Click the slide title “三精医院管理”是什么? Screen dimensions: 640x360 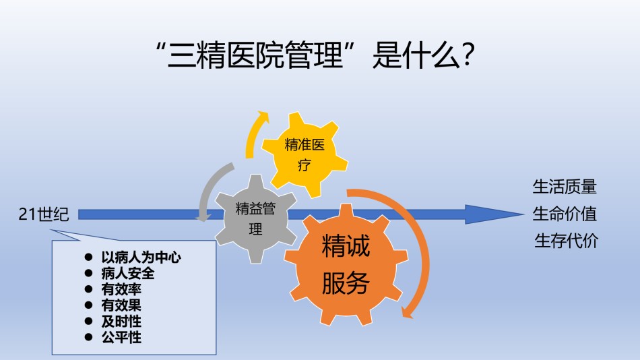(315, 55)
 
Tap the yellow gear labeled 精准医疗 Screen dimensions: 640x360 (305, 155)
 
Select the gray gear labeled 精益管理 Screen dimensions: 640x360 (256, 218)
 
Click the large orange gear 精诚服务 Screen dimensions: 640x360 (346, 265)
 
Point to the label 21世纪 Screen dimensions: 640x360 (44, 214)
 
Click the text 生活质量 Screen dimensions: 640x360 (565, 187)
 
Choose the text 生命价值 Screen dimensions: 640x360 (565, 214)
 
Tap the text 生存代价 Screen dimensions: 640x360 (566, 241)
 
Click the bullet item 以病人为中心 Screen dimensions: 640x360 (141, 257)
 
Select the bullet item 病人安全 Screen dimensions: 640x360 (128, 273)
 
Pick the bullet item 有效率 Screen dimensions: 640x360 (121, 289)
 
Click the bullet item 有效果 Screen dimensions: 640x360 (121, 305)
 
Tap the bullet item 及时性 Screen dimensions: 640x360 (121, 321)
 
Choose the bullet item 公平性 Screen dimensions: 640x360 (121, 337)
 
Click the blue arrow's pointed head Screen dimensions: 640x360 (523, 214)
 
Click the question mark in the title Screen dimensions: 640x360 (468, 55)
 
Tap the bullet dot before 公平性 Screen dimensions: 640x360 (88, 337)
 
